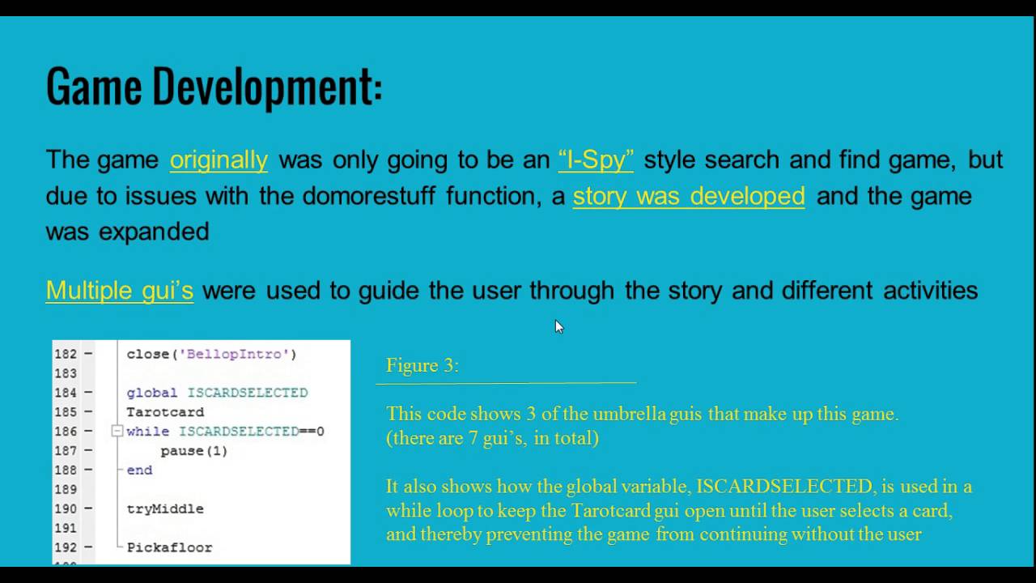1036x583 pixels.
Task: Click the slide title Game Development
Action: pos(214,87)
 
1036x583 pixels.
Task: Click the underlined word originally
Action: pos(219,160)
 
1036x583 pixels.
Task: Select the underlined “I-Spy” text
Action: pos(596,160)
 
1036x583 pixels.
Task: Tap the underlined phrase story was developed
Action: pos(689,196)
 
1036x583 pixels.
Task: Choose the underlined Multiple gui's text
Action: pos(120,290)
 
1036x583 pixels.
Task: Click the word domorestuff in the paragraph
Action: pos(369,196)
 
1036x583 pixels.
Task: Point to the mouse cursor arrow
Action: pos(558,325)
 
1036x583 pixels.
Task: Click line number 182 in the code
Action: pos(66,354)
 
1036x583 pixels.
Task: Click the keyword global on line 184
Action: pos(151,393)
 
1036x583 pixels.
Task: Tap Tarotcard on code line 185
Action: pos(165,412)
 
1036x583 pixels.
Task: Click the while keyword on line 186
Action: pos(147,432)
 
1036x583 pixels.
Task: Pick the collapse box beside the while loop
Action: pos(117,432)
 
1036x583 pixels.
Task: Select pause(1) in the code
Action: pos(194,451)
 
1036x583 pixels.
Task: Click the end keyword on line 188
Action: pos(139,470)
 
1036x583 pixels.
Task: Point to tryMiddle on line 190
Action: pos(165,509)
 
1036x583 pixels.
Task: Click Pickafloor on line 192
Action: pos(169,548)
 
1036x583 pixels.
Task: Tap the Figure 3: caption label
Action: pos(422,365)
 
